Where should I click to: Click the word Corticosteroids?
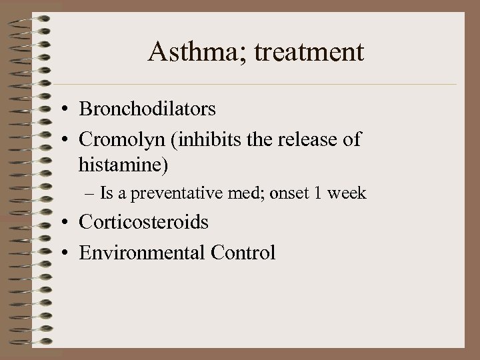(x=143, y=221)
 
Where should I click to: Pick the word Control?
(x=242, y=253)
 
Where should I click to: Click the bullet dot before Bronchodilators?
(x=69, y=108)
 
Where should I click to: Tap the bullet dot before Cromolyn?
(x=69, y=141)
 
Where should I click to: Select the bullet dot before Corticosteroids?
(x=69, y=223)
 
